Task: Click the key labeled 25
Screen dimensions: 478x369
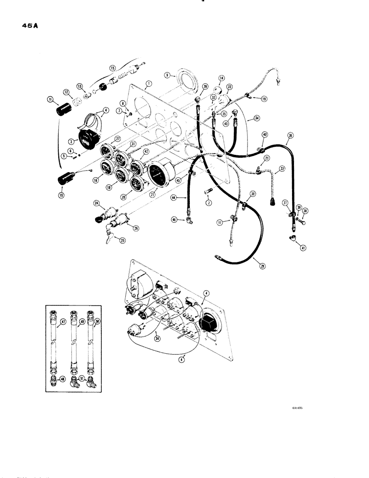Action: [x=110, y=235]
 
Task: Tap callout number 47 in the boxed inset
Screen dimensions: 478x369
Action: [x=63, y=323]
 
